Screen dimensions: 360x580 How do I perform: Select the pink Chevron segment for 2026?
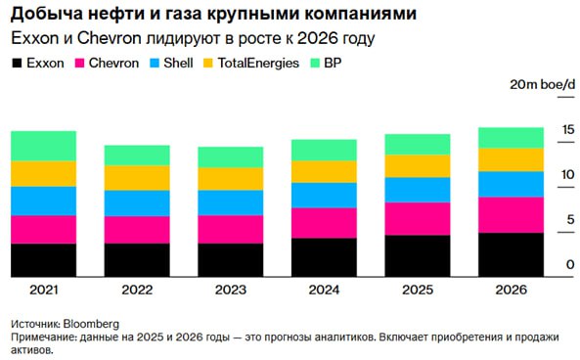pyautogui.click(x=511, y=214)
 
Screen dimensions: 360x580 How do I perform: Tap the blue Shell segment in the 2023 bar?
pyautogui.click(x=230, y=202)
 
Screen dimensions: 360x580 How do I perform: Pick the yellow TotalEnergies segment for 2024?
pyautogui.click(x=324, y=171)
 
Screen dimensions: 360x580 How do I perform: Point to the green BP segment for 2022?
pyautogui.click(x=137, y=155)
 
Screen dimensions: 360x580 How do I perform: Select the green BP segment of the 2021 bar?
pyautogui.click(x=43, y=146)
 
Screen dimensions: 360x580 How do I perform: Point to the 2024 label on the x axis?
pyautogui.click(x=324, y=291)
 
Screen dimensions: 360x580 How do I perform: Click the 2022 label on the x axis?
pyautogui.click(x=137, y=291)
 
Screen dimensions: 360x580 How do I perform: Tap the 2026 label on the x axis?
pyautogui.click(x=511, y=291)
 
